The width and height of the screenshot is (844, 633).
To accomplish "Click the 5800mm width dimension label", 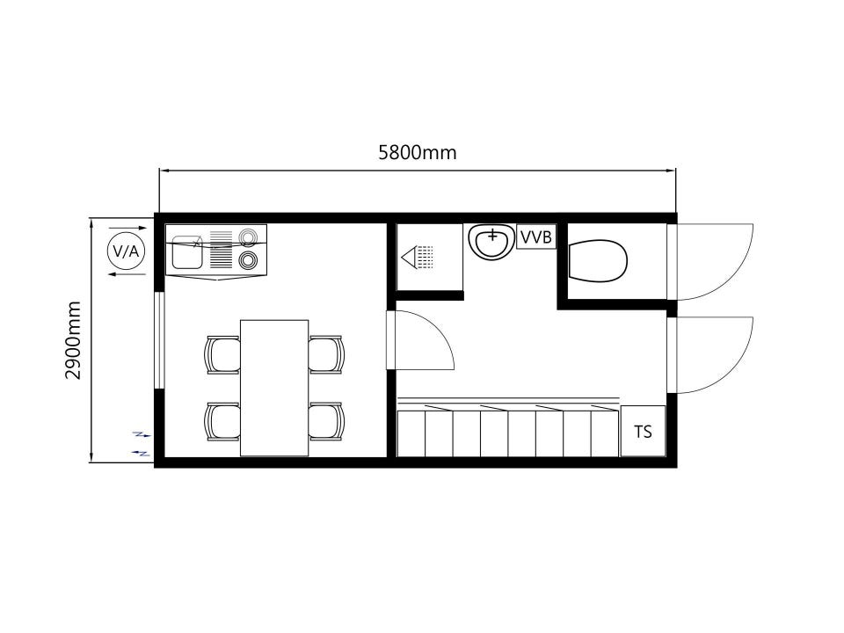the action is tap(417, 153).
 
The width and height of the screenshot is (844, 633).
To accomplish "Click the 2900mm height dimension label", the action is tap(73, 340).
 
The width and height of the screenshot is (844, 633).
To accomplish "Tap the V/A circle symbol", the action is tap(127, 251).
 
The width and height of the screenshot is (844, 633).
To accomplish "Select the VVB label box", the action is tap(536, 236).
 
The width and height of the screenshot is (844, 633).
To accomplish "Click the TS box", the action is tap(644, 431).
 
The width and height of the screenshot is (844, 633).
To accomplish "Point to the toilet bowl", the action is tap(598, 261).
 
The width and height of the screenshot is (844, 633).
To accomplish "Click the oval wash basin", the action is tap(491, 243).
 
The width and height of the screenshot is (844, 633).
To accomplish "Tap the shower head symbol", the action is tap(417, 257).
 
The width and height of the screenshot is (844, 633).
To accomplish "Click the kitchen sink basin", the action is tap(186, 251).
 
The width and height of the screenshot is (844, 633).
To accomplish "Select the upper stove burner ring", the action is tap(248, 236).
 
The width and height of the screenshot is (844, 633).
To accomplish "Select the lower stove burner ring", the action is tap(248, 260).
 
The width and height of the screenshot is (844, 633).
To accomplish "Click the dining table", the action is tap(274, 388).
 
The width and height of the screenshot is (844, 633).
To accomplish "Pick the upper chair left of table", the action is tap(222, 354).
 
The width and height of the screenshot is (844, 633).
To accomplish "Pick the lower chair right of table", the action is tap(326, 422).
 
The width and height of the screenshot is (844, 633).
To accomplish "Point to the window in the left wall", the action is tap(159, 339).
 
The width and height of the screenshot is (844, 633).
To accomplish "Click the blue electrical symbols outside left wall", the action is tap(142, 444).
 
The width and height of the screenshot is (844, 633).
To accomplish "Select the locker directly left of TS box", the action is tap(605, 433).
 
